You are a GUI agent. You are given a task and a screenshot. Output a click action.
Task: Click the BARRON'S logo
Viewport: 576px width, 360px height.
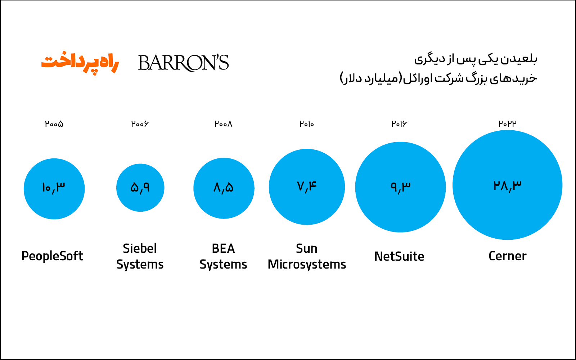pos(183,63)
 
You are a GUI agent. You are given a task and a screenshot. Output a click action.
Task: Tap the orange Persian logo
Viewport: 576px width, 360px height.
pos(80,63)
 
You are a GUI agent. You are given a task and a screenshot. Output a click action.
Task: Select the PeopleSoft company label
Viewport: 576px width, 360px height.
pos(52,256)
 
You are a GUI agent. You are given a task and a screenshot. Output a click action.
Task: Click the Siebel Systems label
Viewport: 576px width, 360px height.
pos(140,256)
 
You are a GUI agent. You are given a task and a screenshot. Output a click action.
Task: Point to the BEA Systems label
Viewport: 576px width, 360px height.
pos(223,256)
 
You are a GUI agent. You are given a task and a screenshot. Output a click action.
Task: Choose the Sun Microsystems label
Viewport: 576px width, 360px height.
pos(307,256)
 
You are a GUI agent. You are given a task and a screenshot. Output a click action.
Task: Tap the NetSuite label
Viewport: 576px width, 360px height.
pos(399,256)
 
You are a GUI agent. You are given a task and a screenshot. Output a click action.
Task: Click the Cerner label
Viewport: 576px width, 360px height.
pos(507,256)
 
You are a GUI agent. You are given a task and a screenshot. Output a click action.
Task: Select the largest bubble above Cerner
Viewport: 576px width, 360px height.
pos(507,185)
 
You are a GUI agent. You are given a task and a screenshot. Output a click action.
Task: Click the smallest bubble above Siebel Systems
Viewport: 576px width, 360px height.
pos(140,188)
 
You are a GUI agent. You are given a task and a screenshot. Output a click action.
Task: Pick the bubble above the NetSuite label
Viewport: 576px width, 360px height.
pos(400,187)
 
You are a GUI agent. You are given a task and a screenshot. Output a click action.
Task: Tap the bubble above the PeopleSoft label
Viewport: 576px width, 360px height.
pos(54,189)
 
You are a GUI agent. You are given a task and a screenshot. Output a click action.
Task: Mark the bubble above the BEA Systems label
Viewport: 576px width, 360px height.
pos(224,188)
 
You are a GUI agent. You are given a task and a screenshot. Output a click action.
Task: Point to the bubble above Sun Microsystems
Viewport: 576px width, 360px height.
pos(307,187)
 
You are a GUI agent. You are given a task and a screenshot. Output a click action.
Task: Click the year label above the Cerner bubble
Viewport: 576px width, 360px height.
pos(507,124)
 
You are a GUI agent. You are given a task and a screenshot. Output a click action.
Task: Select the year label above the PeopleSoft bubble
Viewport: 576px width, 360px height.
pos(54,124)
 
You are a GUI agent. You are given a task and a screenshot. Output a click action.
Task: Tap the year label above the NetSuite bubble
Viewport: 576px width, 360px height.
pos(399,124)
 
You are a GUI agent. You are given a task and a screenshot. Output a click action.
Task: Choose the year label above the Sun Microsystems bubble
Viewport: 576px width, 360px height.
pos(306,124)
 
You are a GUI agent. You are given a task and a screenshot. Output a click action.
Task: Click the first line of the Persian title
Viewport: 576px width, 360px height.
pos(476,59)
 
